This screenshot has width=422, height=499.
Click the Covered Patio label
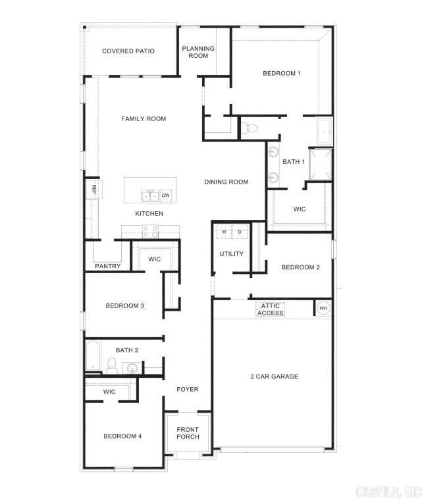click(128, 51)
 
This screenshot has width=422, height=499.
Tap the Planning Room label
click(198, 52)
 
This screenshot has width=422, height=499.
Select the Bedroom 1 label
click(282, 73)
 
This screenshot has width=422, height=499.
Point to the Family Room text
click(144, 119)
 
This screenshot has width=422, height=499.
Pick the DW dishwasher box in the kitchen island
click(166, 196)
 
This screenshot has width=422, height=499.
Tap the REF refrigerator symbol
click(94, 189)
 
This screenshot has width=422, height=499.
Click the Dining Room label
click(226, 182)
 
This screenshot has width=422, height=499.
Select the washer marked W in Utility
click(224, 232)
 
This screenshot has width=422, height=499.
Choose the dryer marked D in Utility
click(240, 232)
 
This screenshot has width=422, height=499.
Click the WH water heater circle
click(323, 308)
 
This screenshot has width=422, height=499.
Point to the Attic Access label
click(271, 309)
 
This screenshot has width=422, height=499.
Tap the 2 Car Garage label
click(274, 377)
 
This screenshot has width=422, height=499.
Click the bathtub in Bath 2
click(93, 357)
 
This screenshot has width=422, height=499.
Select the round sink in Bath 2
click(132, 368)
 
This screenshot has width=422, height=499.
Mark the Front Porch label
click(188, 433)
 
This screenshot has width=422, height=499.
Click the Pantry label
click(107, 267)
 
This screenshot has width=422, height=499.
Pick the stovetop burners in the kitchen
click(151, 231)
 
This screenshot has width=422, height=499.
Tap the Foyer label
click(188, 389)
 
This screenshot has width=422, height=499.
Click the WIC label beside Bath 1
click(300, 209)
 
